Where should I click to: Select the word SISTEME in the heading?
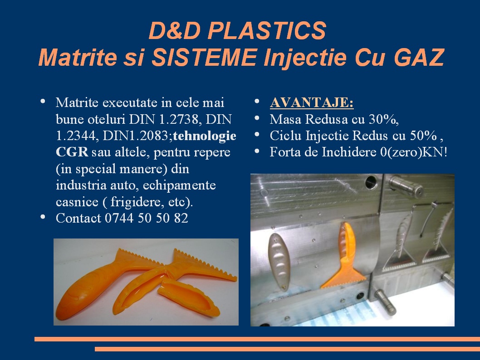point(204,57)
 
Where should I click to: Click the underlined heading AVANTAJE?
point(312,102)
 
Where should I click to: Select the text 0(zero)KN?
point(414,152)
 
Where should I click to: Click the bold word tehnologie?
point(205,136)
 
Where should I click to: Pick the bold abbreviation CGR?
point(72,152)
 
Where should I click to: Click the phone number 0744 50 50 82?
point(147,218)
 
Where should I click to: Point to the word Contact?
point(78,218)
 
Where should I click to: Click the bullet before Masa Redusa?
point(257,118)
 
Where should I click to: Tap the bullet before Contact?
point(43,217)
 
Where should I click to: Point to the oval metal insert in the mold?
point(279,261)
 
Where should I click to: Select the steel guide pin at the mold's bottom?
point(385,302)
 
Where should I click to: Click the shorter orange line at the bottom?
point(288,349)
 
